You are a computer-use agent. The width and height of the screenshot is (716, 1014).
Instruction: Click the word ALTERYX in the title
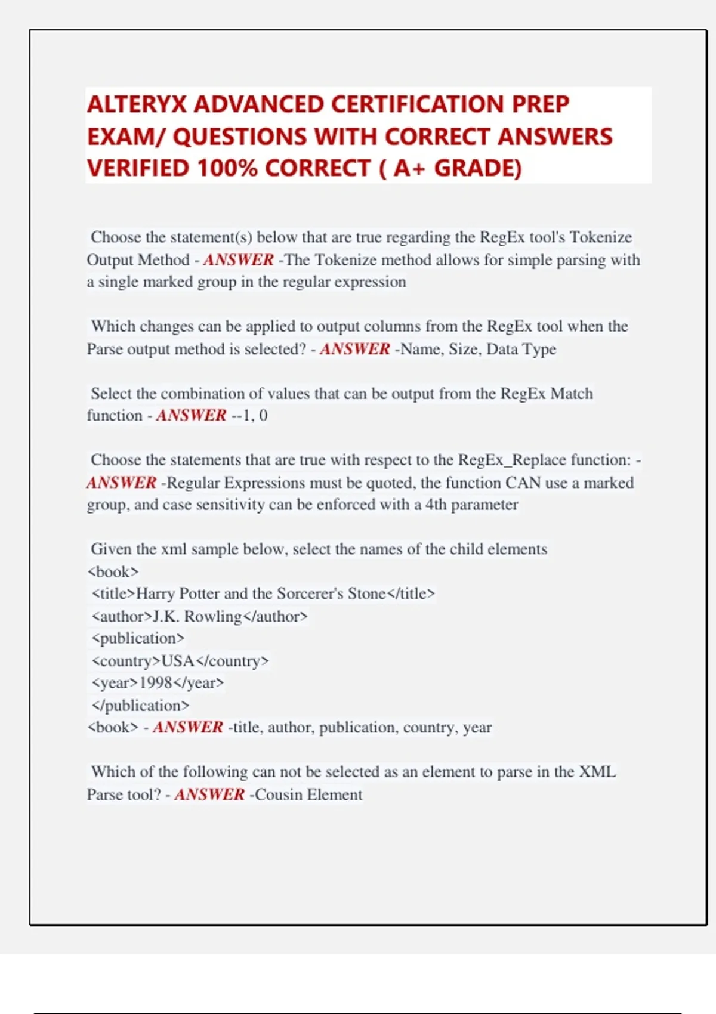click(x=137, y=105)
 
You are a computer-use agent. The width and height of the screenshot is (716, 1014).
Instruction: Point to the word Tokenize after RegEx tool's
click(x=600, y=237)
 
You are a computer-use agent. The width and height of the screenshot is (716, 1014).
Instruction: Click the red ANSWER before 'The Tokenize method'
click(x=238, y=260)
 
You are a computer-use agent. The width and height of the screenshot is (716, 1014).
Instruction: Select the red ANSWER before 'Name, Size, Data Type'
click(x=354, y=349)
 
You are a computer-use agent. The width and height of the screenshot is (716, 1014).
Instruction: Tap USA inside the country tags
click(x=178, y=661)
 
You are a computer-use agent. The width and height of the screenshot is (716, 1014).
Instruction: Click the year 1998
click(x=156, y=683)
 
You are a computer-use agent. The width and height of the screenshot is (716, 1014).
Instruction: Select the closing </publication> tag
click(x=140, y=706)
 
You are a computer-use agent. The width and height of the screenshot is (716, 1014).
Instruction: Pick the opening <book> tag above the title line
click(x=113, y=571)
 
